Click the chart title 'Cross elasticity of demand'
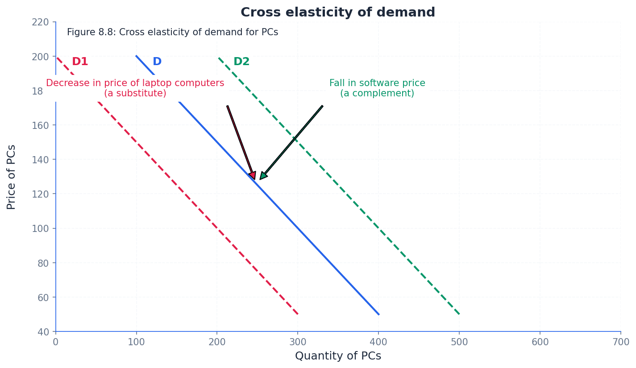click(337, 12)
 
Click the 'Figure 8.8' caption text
click(172, 33)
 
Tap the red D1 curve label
click(80, 62)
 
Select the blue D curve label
click(157, 62)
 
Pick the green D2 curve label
click(241, 62)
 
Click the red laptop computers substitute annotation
click(135, 88)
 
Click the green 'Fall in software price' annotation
click(377, 88)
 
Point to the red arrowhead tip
click(254, 179)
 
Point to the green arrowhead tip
click(260, 179)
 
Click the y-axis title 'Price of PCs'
click(12, 177)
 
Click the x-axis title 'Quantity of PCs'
click(338, 356)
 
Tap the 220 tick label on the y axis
click(40, 22)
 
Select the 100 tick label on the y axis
click(40, 228)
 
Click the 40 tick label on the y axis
click(43, 332)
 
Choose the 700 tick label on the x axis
click(621, 342)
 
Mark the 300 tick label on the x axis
click(298, 342)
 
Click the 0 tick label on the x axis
click(56, 342)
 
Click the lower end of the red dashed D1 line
click(298, 314)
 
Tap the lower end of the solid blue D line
click(378, 314)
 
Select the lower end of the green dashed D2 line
click(459, 314)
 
